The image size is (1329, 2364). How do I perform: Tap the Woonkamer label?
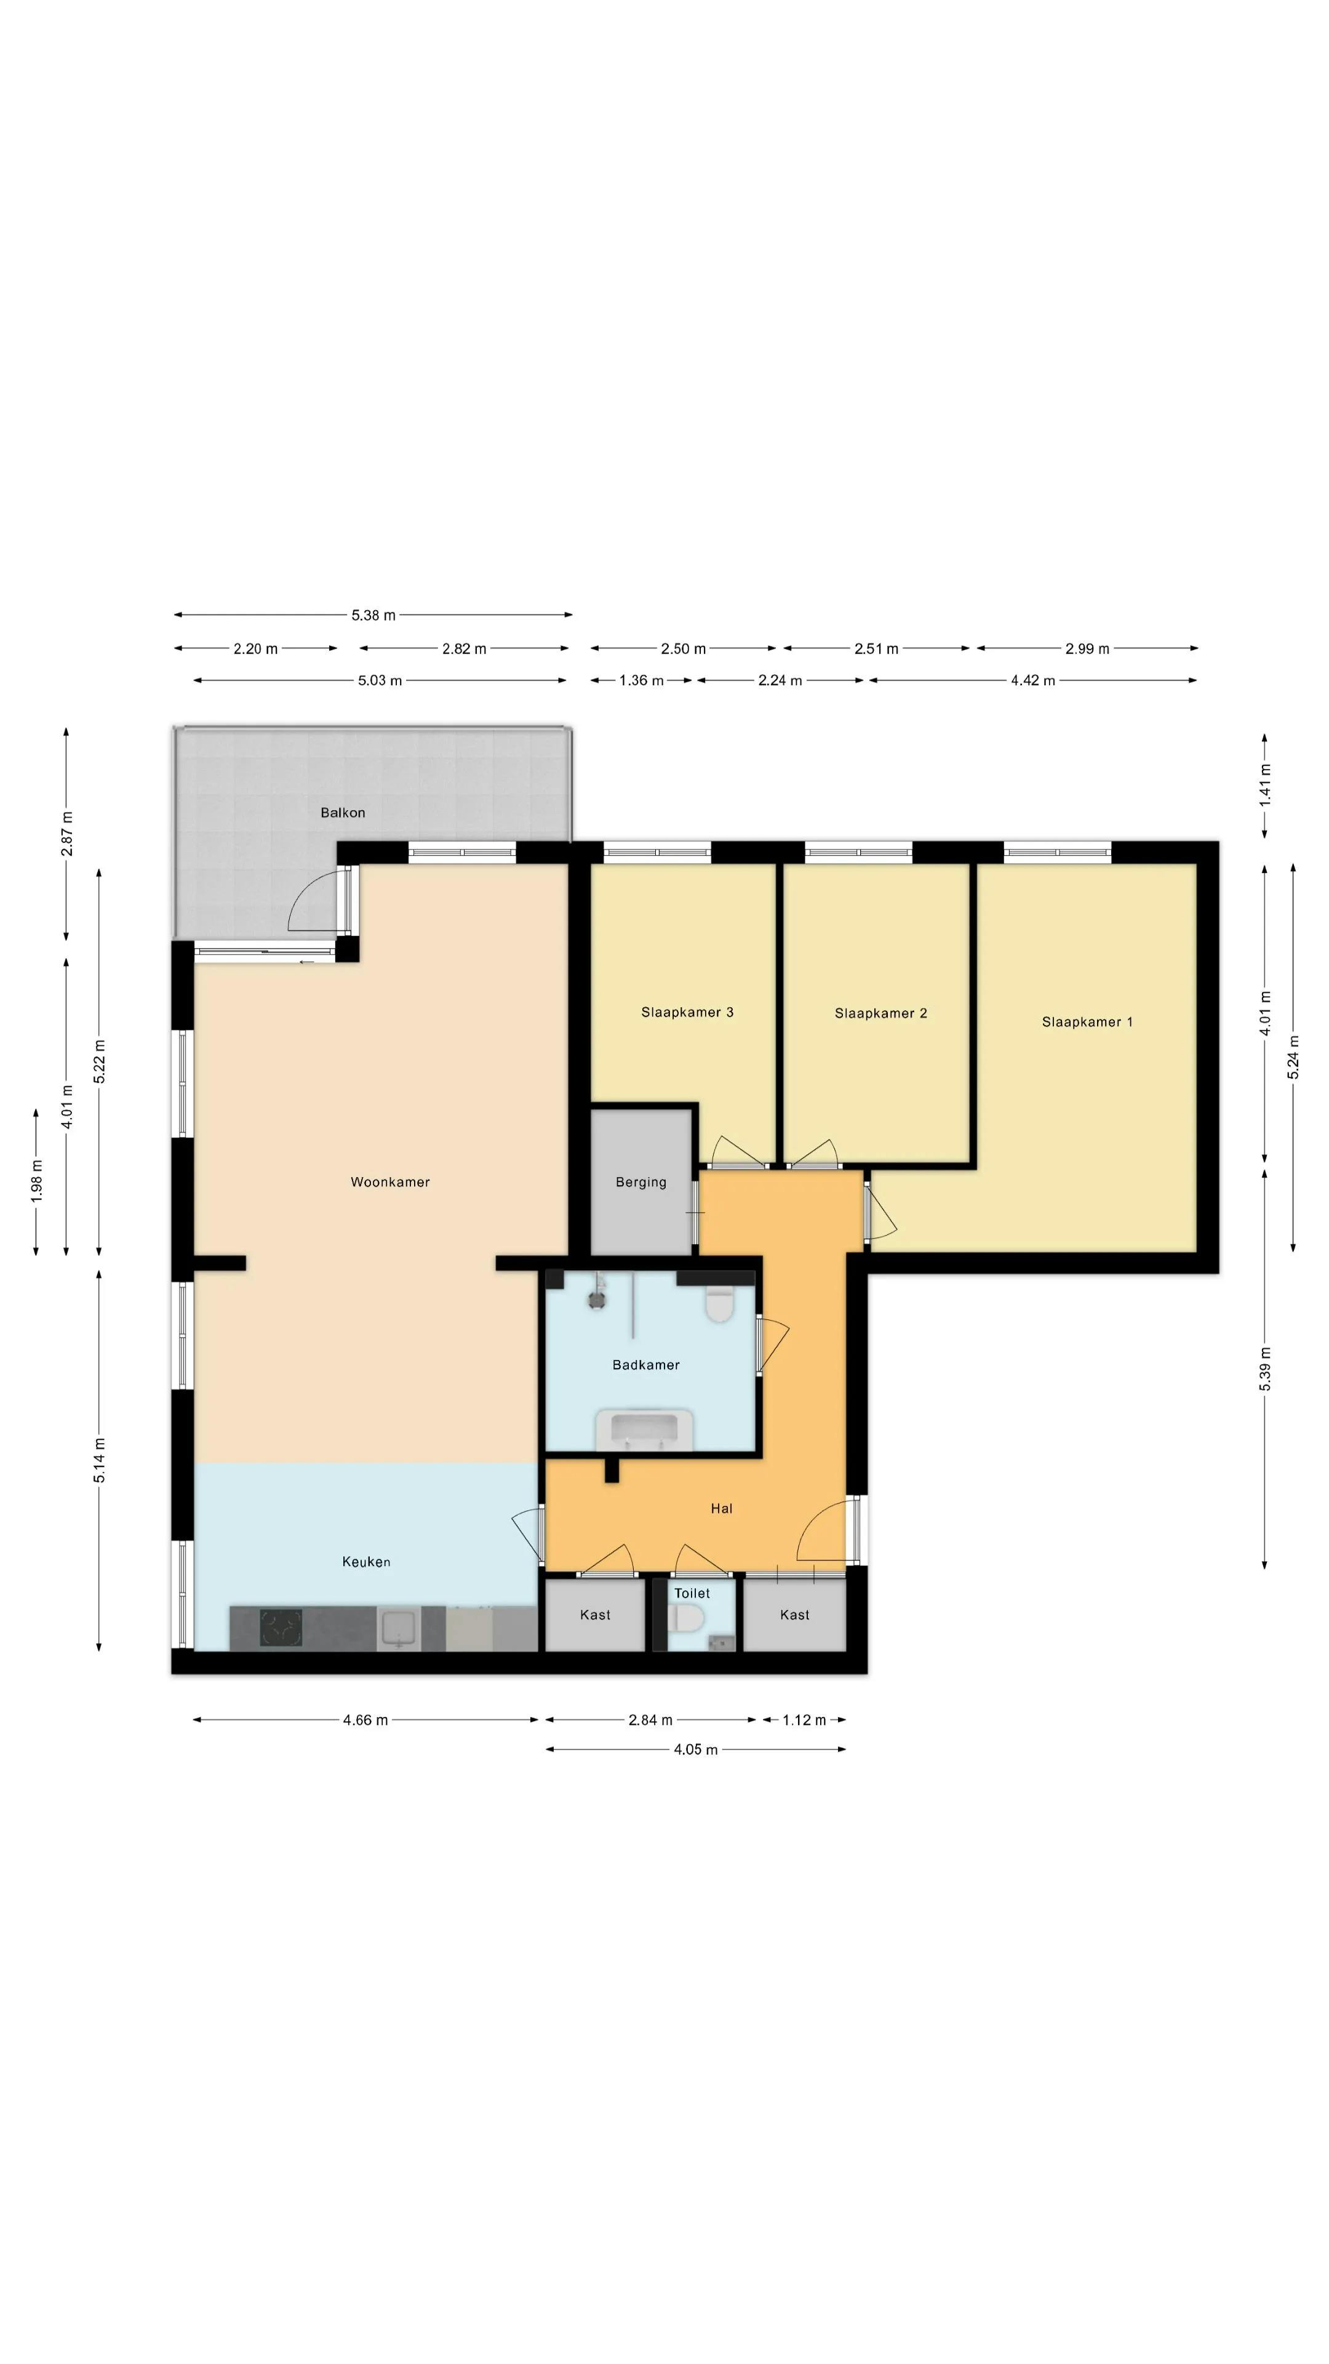click(390, 1182)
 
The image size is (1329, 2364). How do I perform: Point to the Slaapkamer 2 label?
click(880, 1013)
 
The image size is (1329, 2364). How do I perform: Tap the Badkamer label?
click(645, 1365)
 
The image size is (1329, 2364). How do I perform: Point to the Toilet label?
click(692, 1593)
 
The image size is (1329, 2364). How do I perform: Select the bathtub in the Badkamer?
click(644, 1429)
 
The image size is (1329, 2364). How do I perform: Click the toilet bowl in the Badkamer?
click(720, 1305)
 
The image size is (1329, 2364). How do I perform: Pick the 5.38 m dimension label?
click(373, 615)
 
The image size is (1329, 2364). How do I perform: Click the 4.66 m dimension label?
click(365, 1720)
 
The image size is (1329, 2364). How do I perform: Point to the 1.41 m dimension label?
click(1265, 785)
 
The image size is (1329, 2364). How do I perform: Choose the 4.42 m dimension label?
click(1033, 680)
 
